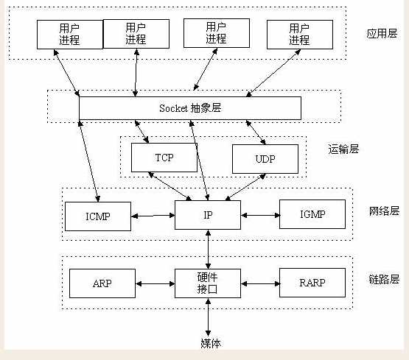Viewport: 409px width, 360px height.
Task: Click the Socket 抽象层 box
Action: [189, 107]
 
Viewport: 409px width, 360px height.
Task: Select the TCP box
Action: [164, 158]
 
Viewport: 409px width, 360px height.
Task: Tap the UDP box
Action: [265, 158]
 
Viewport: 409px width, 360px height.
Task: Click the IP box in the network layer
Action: [208, 214]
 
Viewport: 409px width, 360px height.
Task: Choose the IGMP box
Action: [312, 214]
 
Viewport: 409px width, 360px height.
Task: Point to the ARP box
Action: [102, 283]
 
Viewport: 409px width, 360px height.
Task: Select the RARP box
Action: [312, 283]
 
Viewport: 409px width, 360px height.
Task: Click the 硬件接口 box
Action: [208, 283]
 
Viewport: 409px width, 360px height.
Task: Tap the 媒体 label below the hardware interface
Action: [210, 343]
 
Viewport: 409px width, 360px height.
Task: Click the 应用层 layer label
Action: [382, 33]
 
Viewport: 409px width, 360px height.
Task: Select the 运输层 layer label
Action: [343, 149]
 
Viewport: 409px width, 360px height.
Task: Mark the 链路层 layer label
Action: [382, 279]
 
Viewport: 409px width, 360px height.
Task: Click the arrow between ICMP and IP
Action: [153, 216]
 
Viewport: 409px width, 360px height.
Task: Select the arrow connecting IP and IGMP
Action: [259, 216]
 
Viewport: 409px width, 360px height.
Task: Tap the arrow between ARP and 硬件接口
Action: [155, 283]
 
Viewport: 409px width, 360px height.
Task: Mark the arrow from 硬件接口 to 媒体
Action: [209, 317]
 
